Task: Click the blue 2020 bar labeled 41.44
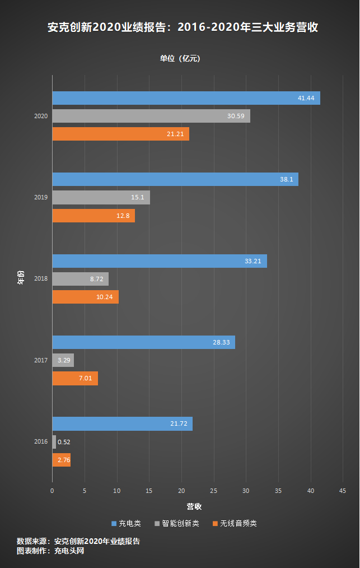click(x=186, y=98)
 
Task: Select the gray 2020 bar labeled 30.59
click(x=151, y=116)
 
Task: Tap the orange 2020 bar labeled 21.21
click(x=120, y=134)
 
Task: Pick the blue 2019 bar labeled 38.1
click(x=175, y=179)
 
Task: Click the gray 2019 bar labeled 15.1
click(x=101, y=197)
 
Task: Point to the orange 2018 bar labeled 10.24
click(x=85, y=297)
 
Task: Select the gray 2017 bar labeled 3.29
click(x=63, y=360)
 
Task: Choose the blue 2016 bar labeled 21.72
click(x=122, y=424)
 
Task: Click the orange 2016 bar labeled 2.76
click(x=61, y=460)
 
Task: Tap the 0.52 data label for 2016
click(x=64, y=442)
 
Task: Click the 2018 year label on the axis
click(x=41, y=278)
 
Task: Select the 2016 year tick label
click(x=41, y=442)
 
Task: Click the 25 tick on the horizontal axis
click(x=213, y=491)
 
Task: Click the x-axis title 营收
click(x=194, y=506)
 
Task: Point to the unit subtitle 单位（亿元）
click(x=180, y=59)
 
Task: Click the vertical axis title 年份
click(x=21, y=278)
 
